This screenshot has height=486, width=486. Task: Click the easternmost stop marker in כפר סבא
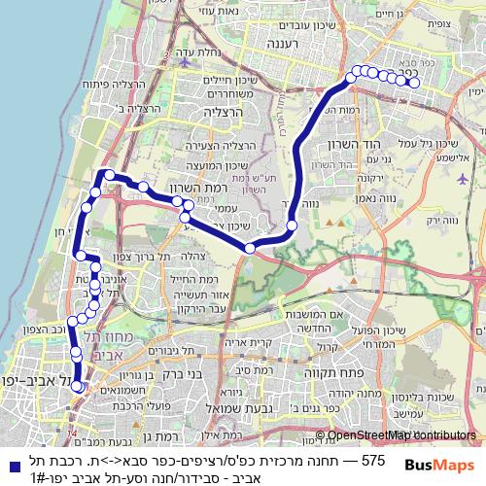[x=414, y=84]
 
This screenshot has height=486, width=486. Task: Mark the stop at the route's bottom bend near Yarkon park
[x=250, y=249]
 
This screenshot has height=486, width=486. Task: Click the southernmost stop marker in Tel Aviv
[x=77, y=387]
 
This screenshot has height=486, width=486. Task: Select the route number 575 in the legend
[x=373, y=458]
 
